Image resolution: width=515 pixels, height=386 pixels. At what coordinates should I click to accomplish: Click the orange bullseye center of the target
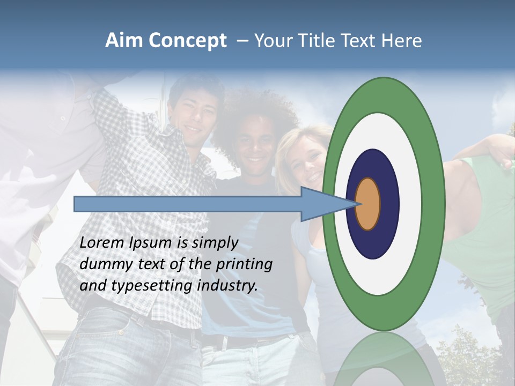[x=368, y=204]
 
